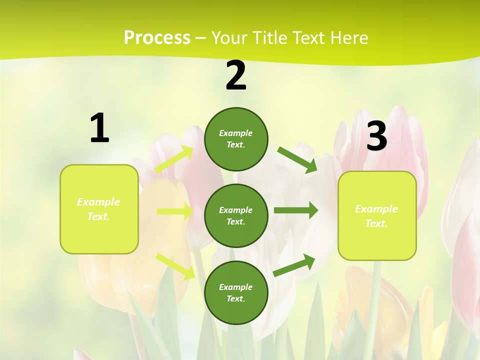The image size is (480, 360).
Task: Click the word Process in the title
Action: [x=157, y=38]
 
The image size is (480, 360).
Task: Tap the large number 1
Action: [x=99, y=128]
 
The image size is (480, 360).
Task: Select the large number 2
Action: [x=236, y=75]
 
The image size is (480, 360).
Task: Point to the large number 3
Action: [x=377, y=136]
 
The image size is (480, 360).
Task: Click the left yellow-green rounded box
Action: [x=99, y=209]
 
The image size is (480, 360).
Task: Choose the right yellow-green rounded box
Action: [x=377, y=215]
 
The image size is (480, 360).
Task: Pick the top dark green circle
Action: [x=236, y=139]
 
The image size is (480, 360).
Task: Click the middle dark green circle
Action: [x=236, y=215]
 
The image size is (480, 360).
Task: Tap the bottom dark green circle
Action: [x=236, y=292]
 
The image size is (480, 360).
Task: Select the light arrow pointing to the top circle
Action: [x=174, y=159]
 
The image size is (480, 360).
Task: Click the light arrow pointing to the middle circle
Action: [x=175, y=211]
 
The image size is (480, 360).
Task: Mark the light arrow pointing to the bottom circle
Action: [x=175, y=266]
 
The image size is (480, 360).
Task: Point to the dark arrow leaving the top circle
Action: [x=297, y=160]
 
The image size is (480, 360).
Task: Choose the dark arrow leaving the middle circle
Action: [x=296, y=210]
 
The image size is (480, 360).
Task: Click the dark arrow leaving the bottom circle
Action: [x=294, y=265]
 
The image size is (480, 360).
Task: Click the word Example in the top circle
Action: [x=236, y=133]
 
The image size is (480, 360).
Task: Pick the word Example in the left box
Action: [x=98, y=202]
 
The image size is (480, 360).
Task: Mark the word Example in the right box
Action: [x=376, y=209]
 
